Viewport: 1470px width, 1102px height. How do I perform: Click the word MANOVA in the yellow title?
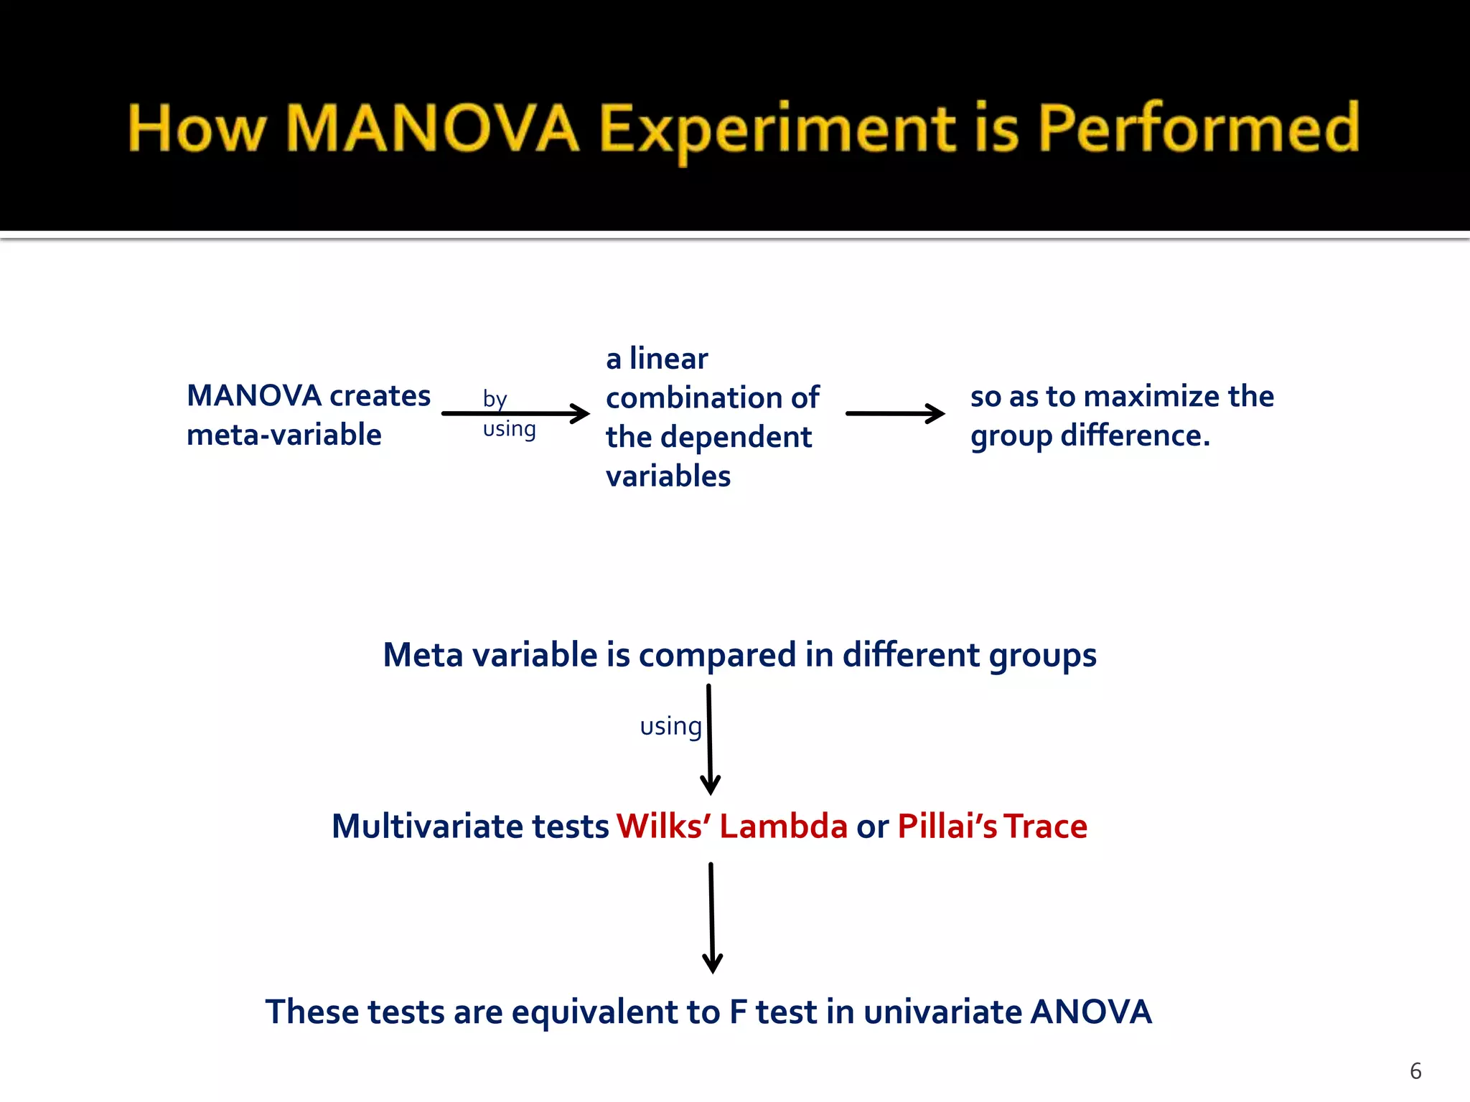(432, 129)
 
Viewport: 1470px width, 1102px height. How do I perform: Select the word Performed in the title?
(1199, 129)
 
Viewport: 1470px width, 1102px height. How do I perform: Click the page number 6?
(1415, 1071)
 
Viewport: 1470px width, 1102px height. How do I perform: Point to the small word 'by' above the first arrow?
(495, 399)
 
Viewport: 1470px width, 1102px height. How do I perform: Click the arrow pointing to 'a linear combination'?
(515, 413)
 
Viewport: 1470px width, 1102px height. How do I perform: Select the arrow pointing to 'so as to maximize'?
(894, 413)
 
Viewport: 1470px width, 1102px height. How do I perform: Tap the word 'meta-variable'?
(284, 435)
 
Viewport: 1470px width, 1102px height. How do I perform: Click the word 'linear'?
(668, 359)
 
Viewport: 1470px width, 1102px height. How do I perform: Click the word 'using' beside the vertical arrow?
(670, 726)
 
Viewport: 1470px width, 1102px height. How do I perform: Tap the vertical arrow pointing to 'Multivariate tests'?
(709, 739)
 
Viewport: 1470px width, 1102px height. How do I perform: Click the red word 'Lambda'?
(783, 826)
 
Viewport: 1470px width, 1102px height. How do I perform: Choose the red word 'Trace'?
(1045, 826)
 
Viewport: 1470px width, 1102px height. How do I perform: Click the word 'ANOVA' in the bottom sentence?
(1090, 1012)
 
